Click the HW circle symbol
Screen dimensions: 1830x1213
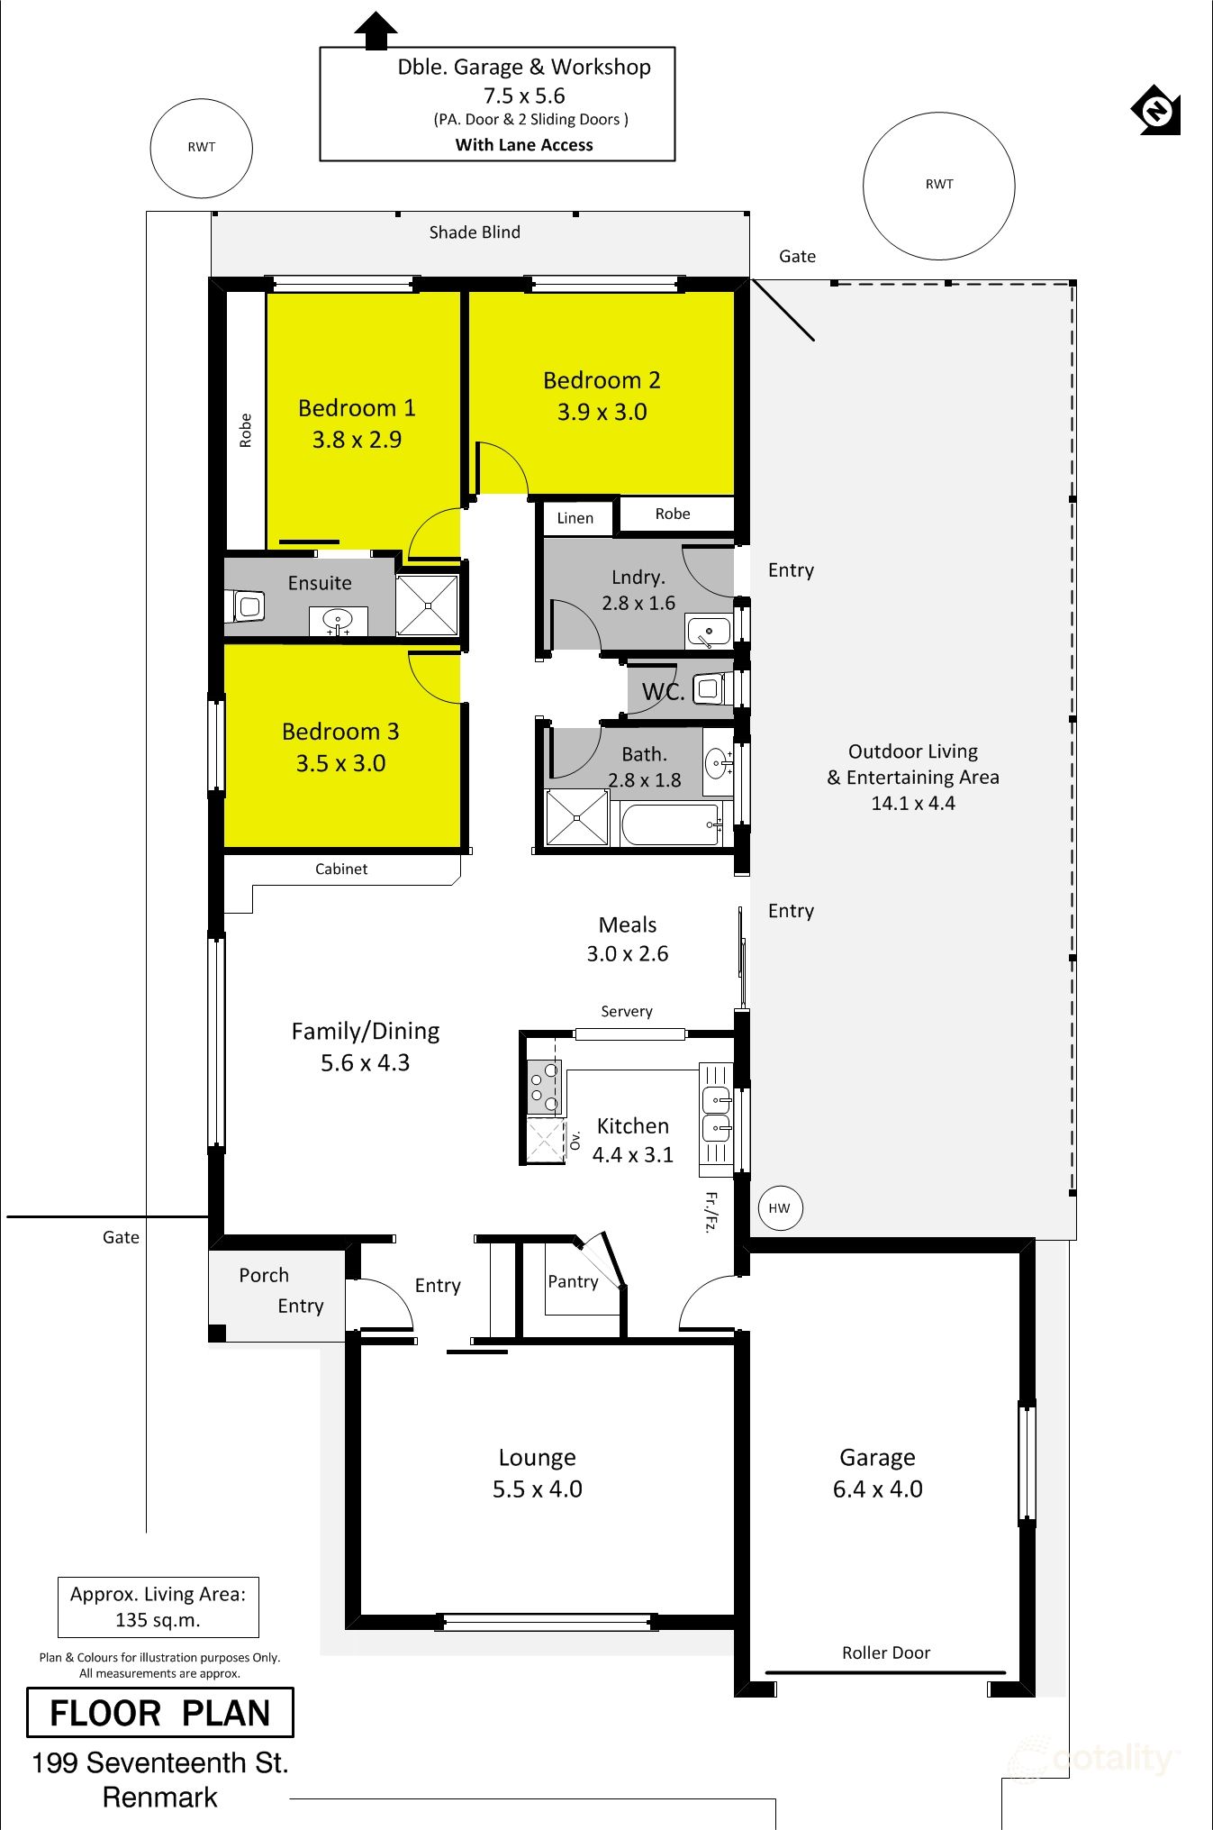pos(779,1208)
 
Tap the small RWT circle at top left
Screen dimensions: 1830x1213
pos(201,148)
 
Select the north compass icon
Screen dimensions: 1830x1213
pos(1156,110)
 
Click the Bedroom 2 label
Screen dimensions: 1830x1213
pos(602,380)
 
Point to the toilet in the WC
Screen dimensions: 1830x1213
pos(709,689)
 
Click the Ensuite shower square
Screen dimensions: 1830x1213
pos(428,605)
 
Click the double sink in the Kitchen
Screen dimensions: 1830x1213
pos(717,1114)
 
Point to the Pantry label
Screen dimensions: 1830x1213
pos(573,1281)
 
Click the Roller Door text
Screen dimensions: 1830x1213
pos(885,1652)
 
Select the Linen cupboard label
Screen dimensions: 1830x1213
pos(575,518)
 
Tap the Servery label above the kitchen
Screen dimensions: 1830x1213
pos(627,1011)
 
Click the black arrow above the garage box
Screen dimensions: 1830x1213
pos(376,30)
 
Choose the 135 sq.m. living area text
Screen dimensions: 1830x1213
pos(158,1620)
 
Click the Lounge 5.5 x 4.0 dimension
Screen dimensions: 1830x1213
pos(537,1489)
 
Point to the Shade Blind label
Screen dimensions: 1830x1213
pos(475,232)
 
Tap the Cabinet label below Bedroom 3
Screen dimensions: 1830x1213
pos(341,869)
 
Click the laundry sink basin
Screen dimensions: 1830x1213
pos(709,632)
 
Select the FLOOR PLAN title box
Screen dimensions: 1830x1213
pos(160,1712)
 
